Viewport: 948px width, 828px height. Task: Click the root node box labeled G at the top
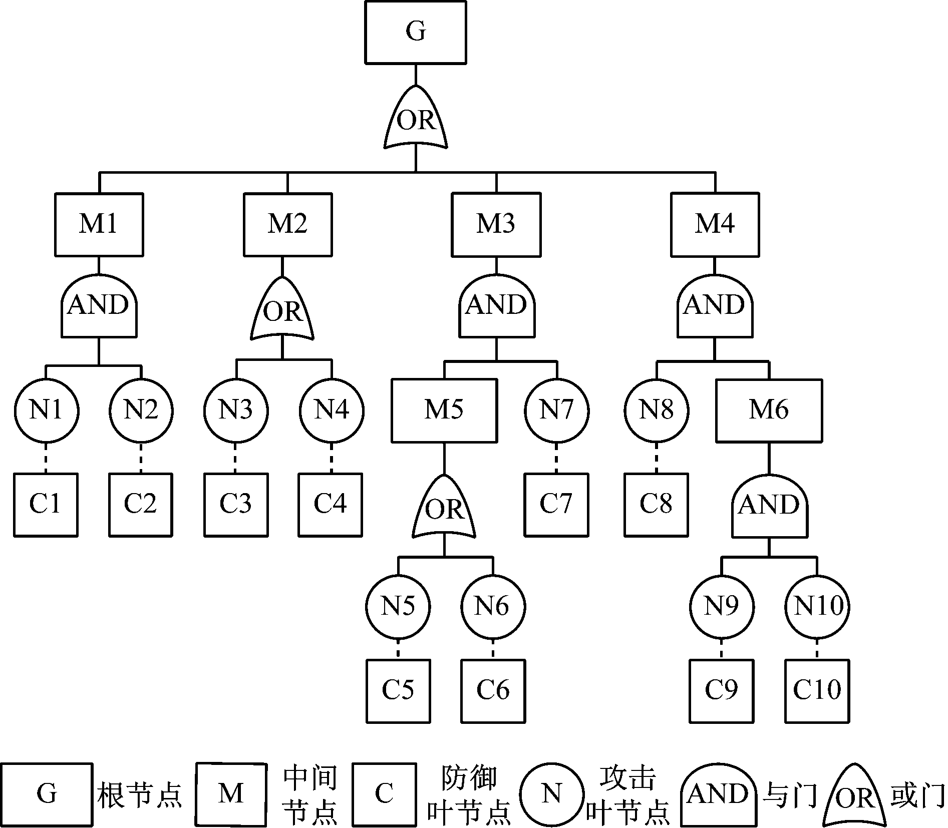[416, 32]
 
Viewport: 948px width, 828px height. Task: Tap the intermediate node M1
[99, 224]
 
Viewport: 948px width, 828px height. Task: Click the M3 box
[496, 224]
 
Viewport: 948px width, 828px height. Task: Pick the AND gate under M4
[715, 306]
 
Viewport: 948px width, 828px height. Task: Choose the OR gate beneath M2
[282, 310]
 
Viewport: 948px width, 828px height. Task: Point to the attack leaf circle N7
[556, 410]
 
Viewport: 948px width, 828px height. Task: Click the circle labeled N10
[817, 606]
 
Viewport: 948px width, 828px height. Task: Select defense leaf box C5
[398, 691]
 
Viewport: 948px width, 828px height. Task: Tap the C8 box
[656, 505]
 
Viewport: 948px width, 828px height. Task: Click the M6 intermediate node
[769, 410]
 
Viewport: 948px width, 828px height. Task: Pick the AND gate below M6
[769, 506]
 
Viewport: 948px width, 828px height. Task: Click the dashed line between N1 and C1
[46, 458]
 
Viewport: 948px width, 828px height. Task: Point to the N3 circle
[236, 410]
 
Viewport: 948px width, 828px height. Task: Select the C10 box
[817, 691]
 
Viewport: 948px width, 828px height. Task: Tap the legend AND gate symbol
[718, 794]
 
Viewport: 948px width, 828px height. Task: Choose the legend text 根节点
[139, 794]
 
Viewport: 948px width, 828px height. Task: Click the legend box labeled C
[384, 794]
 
